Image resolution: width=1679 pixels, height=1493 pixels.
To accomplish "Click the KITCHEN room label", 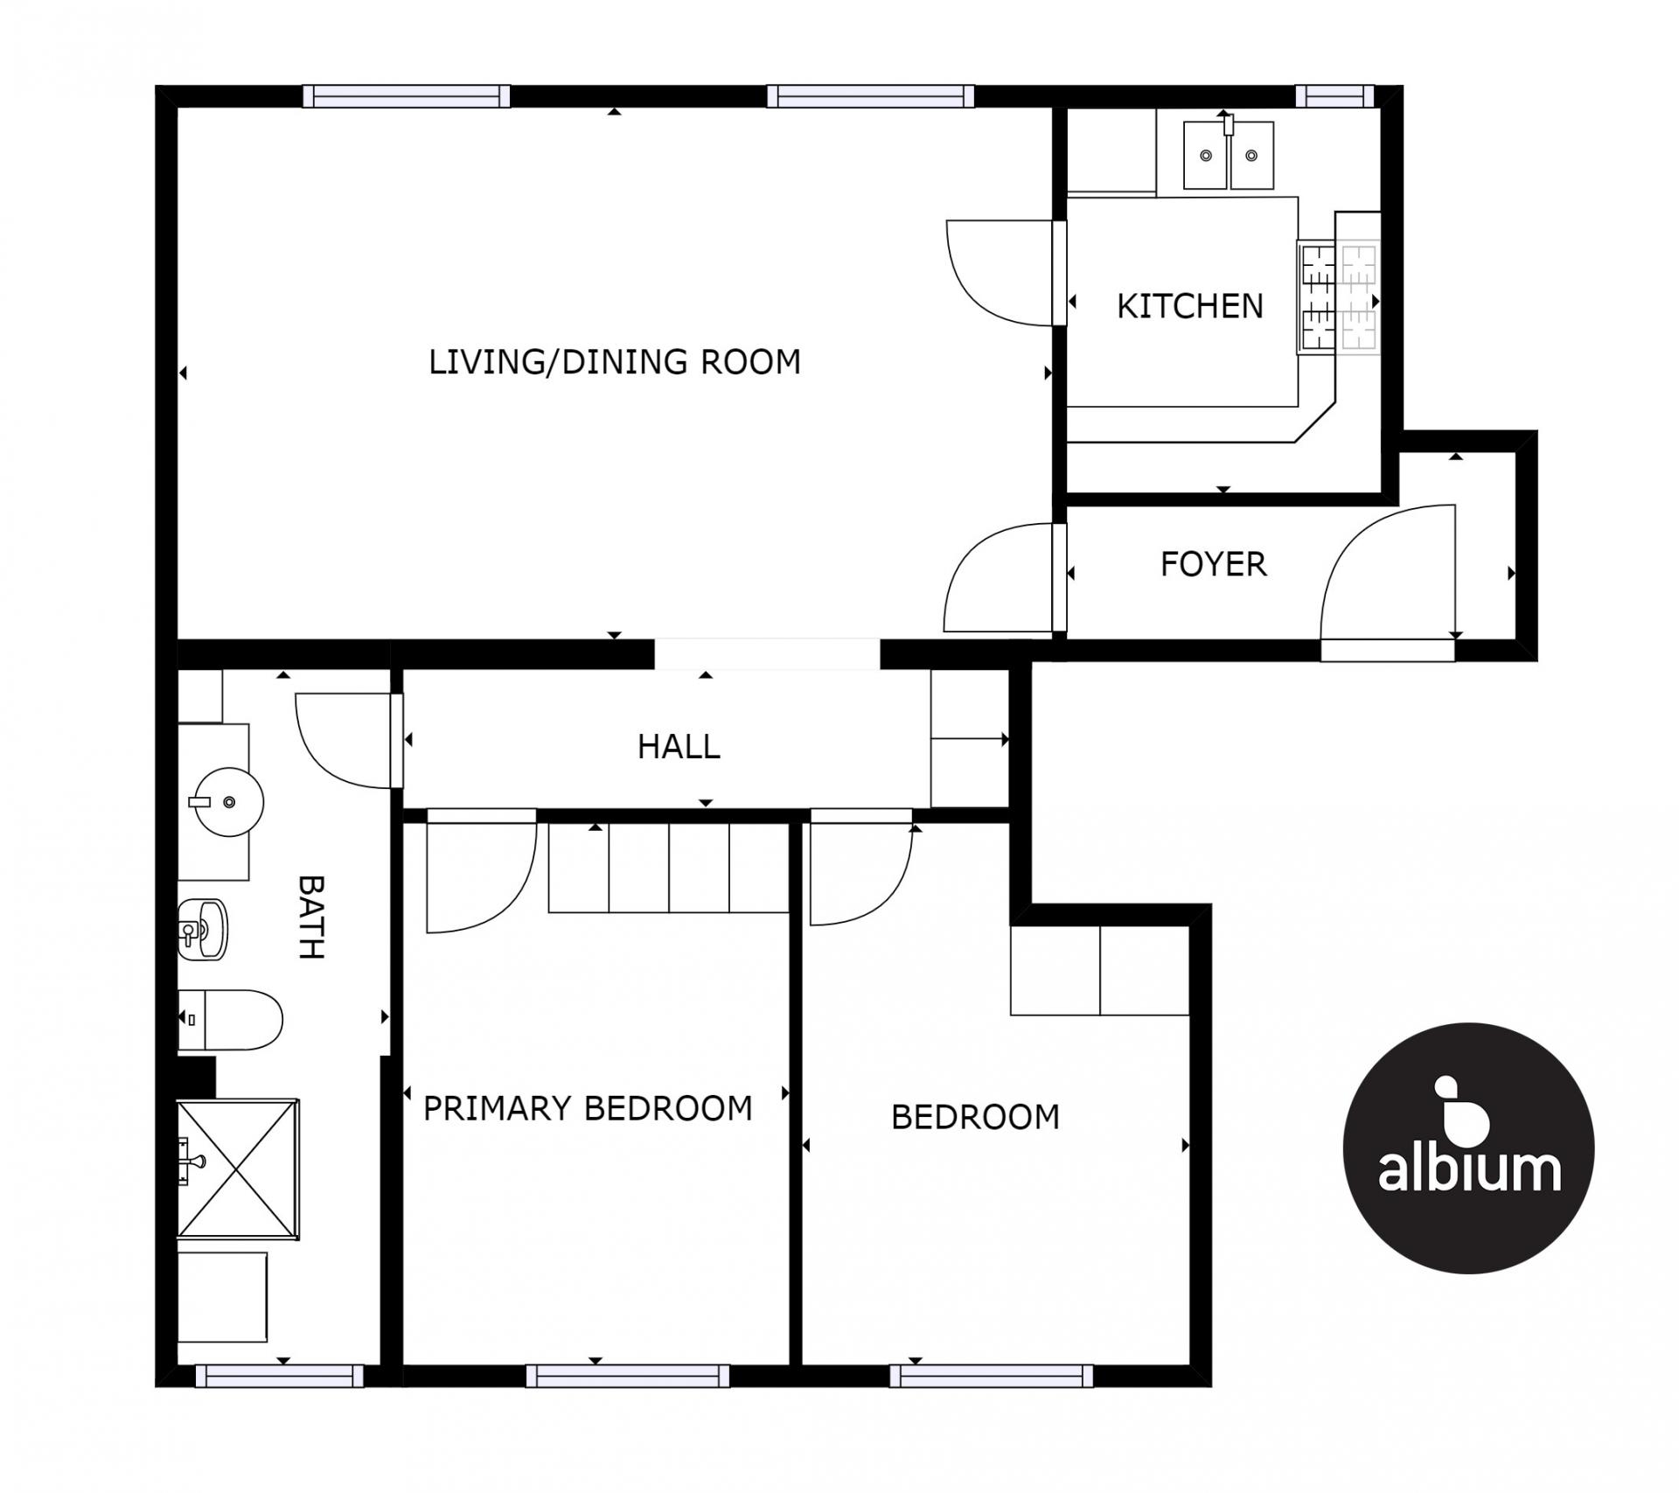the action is click(1190, 306).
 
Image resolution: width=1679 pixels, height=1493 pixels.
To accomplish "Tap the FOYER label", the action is click(1214, 564).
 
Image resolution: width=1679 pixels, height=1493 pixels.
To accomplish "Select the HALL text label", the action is click(679, 747).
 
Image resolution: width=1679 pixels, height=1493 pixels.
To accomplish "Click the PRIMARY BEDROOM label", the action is click(588, 1108).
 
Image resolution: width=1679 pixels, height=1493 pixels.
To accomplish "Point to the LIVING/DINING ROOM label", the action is click(615, 362).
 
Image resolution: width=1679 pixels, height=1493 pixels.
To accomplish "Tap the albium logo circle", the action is click(1468, 1148).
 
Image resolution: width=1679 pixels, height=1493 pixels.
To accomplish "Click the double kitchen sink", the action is click(1229, 156).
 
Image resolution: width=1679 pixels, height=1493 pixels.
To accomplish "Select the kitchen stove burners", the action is click(1339, 297).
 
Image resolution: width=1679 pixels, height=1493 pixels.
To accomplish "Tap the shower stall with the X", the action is click(238, 1169).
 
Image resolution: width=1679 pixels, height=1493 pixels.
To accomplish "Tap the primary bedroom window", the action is click(628, 1376).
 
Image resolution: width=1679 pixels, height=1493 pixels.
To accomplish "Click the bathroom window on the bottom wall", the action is click(280, 1376).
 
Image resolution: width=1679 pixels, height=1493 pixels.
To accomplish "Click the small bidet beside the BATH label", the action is click(203, 929).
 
